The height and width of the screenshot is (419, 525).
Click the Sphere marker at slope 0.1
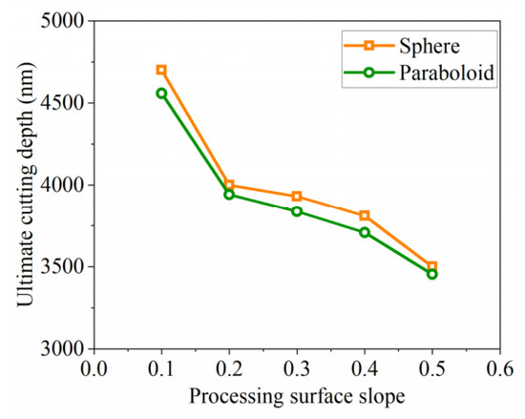pyautogui.click(x=161, y=70)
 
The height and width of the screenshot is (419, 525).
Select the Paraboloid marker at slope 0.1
pyautogui.click(x=161, y=94)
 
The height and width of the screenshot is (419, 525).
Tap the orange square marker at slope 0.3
pyautogui.click(x=297, y=196)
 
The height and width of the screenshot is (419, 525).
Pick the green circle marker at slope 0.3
pyautogui.click(x=297, y=211)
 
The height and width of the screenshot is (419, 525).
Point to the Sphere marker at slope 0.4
pyautogui.click(x=365, y=215)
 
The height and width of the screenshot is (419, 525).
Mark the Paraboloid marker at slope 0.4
pyautogui.click(x=365, y=232)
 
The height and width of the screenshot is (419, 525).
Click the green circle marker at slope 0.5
pyautogui.click(x=431, y=274)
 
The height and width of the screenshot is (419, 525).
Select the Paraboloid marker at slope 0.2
pyautogui.click(x=229, y=195)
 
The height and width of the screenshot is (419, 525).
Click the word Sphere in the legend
pyautogui.click(x=430, y=46)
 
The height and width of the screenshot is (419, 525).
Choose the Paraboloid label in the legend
pyautogui.click(x=447, y=73)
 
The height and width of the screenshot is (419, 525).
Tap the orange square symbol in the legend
pyautogui.click(x=369, y=46)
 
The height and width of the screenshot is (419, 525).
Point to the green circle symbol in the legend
pyautogui.click(x=369, y=73)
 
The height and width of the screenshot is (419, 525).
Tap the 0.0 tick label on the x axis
pyautogui.click(x=94, y=368)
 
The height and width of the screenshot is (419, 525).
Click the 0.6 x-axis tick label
pyautogui.click(x=499, y=368)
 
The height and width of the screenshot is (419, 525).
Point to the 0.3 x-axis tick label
pyautogui.click(x=297, y=368)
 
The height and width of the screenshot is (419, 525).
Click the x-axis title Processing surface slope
pyautogui.click(x=297, y=397)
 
